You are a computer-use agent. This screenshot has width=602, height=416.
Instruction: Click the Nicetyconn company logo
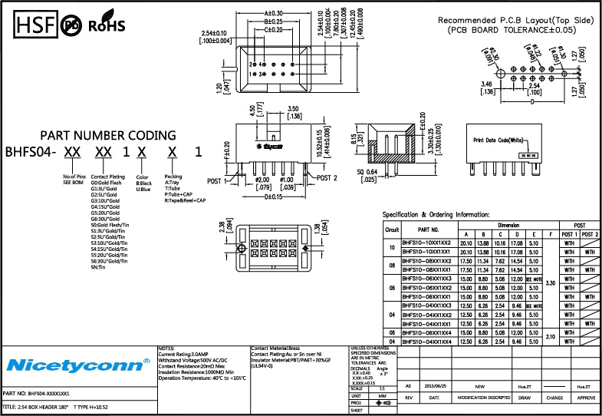(77, 362)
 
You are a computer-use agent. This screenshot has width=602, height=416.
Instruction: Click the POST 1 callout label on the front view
(215, 181)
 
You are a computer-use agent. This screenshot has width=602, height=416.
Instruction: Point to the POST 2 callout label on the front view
(326, 178)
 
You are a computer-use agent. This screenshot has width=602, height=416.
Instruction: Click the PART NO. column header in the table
(428, 229)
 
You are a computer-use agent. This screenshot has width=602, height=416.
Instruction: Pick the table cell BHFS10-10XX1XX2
(428, 243)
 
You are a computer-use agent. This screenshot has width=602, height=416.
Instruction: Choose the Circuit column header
(392, 229)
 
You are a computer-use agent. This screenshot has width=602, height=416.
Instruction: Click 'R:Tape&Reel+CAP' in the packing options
(185, 200)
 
